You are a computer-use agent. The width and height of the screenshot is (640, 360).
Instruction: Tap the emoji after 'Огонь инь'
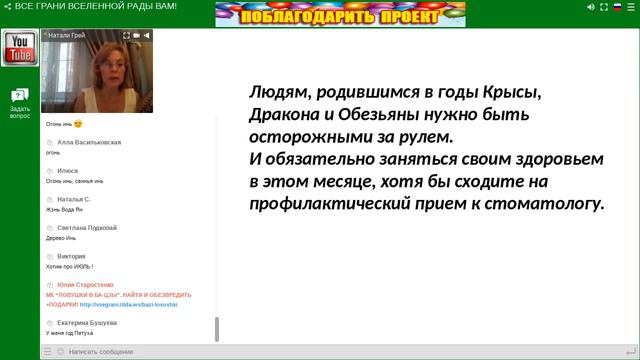[x=78, y=124]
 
